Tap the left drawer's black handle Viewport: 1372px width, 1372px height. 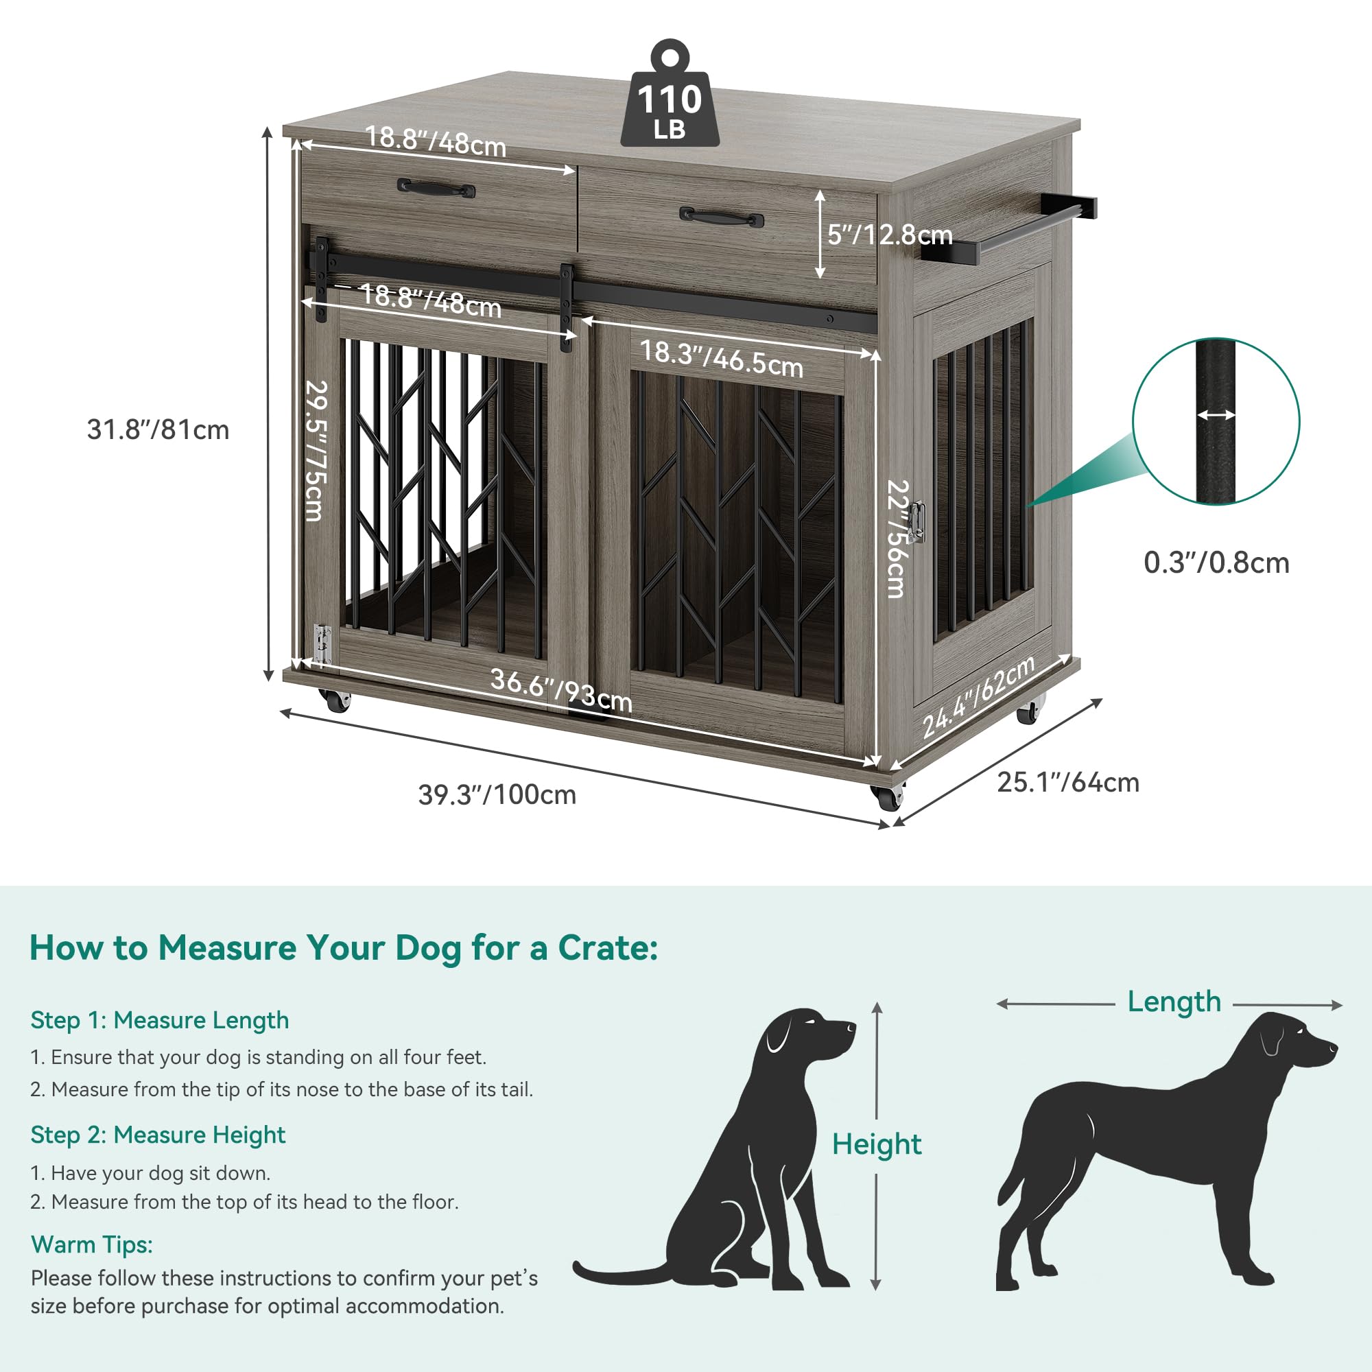pyautogui.click(x=436, y=188)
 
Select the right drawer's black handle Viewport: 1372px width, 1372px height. pyautogui.click(x=722, y=217)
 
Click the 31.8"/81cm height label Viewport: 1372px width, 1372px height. pyautogui.click(x=158, y=430)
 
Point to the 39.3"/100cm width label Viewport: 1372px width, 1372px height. pyautogui.click(x=497, y=794)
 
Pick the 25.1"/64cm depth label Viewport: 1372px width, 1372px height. pyautogui.click(x=1068, y=783)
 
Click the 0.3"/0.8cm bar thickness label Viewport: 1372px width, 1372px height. pyautogui.click(x=1216, y=563)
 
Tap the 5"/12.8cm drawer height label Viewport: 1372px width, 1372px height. pyautogui.click(x=890, y=235)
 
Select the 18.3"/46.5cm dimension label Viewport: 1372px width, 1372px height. pyautogui.click(x=722, y=359)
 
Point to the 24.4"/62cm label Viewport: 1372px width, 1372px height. pyautogui.click(x=979, y=698)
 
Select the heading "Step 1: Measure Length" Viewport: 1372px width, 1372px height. pyautogui.click(x=160, y=1021)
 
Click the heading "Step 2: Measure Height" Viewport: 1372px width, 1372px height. pyautogui.click(x=158, y=1135)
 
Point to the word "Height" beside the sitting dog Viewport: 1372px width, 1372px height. pyautogui.click(x=877, y=1145)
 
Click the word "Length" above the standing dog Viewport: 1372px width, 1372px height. pyautogui.click(x=1174, y=1002)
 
